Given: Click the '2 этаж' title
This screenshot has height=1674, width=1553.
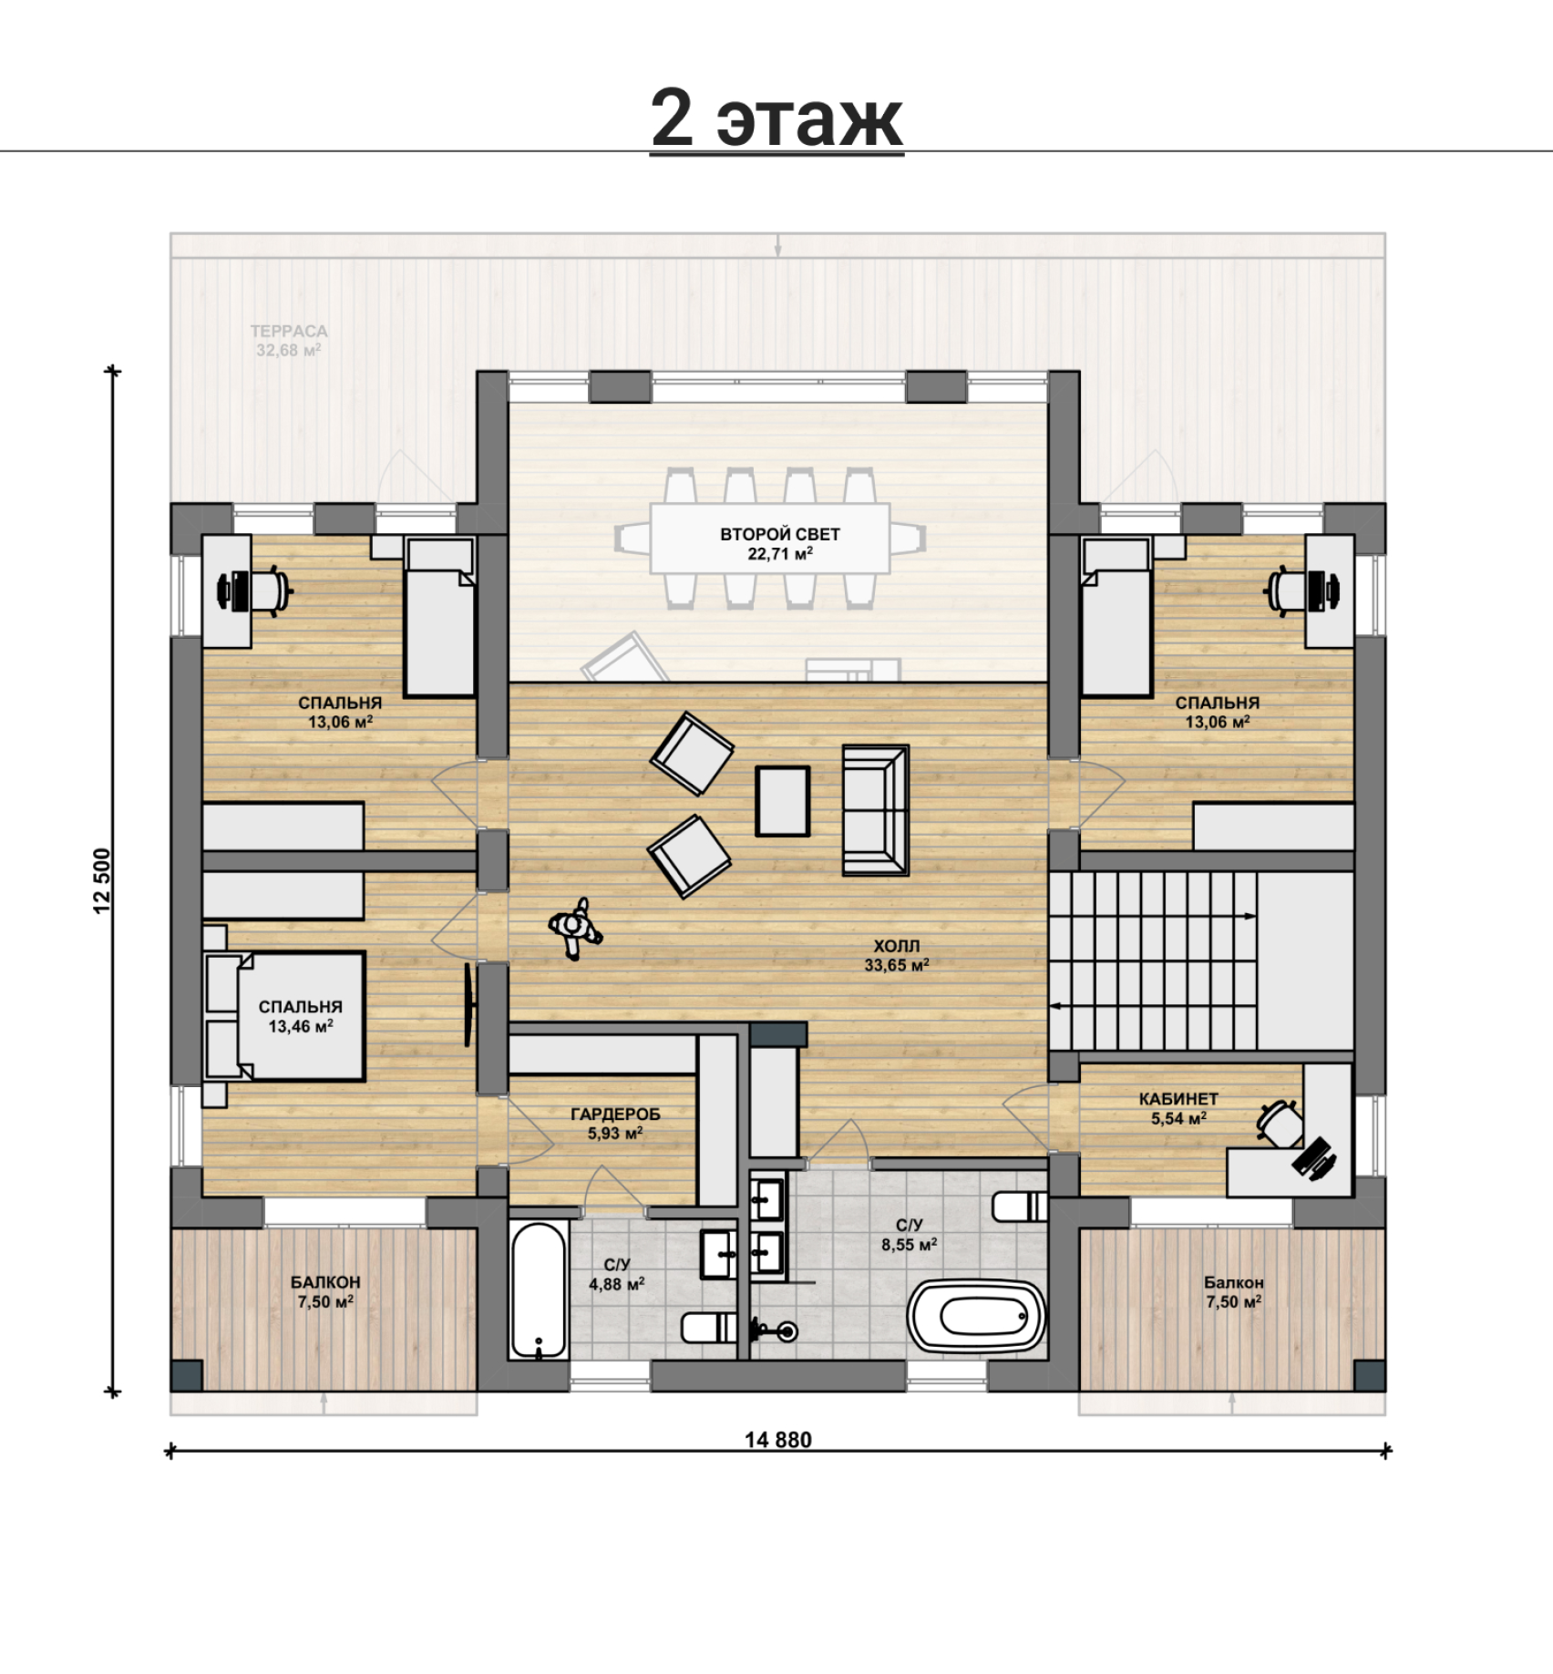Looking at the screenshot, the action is point(776,119).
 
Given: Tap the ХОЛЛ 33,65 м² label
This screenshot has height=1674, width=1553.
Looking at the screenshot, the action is point(897,956).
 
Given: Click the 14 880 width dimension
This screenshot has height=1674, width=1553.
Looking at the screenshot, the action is point(777,1440).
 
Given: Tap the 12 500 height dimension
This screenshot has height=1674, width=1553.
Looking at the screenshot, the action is point(101,880).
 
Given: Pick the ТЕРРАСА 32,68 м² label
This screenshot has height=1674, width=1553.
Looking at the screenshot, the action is point(289,341).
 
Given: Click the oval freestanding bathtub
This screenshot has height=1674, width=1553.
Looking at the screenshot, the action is point(977,1316).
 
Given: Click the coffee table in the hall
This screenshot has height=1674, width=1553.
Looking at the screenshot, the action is point(782,801).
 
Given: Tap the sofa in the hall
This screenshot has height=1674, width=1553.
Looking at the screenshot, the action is point(875,810).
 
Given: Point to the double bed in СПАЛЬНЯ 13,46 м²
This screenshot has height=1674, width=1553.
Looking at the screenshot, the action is point(285,1016).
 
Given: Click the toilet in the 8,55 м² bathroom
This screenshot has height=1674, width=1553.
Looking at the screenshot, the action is point(1019,1207).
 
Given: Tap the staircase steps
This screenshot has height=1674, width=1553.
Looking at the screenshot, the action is point(1153,960).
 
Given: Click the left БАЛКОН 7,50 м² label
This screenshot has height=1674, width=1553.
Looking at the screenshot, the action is point(325,1292).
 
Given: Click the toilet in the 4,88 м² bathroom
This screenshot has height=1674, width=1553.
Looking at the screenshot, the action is point(709,1327).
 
